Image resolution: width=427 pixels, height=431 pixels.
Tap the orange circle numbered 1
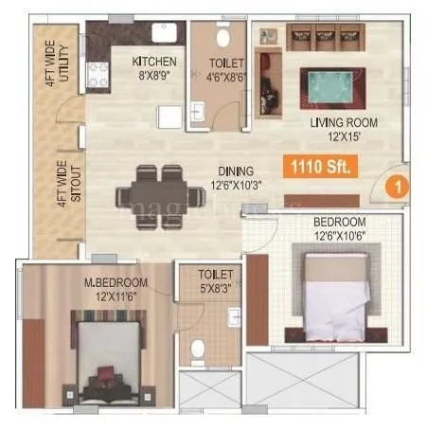point(400,187)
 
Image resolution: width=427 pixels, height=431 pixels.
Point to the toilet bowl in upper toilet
point(220,39)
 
